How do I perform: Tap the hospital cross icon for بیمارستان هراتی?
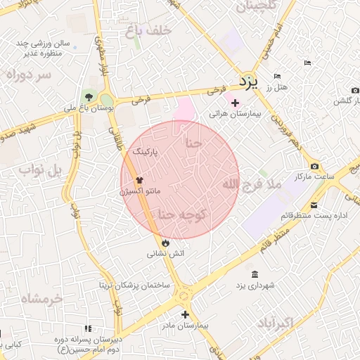pos(235,103)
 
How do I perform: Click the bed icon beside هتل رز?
pos(277,76)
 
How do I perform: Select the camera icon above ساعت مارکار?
pos(314,166)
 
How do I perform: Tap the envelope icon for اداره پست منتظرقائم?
pos(314,205)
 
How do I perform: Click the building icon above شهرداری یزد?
pos(254,274)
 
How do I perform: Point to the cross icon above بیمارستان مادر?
pos(185,315)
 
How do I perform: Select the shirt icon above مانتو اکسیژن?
pos(139,180)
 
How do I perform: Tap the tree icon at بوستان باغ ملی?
pos(88,97)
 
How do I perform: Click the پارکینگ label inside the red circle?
pos(146,151)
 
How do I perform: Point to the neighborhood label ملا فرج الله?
pos(251,184)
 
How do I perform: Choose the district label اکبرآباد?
pos(275,323)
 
